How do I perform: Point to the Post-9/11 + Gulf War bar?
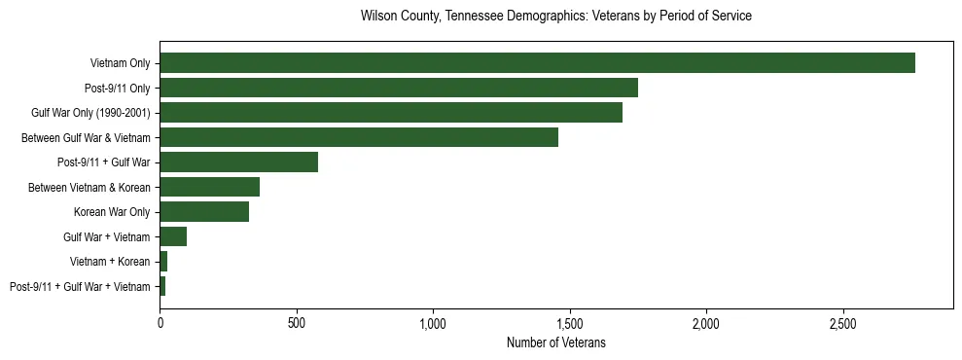tap(239, 162)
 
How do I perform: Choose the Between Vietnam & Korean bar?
tap(210, 187)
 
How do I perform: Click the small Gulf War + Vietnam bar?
tap(173, 236)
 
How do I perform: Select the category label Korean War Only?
tap(112, 212)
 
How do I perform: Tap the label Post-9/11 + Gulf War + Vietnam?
tap(80, 286)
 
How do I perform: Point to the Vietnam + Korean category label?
tap(110, 262)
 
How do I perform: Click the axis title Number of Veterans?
tap(555, 342)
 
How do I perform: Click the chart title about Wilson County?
tap(555, 17)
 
